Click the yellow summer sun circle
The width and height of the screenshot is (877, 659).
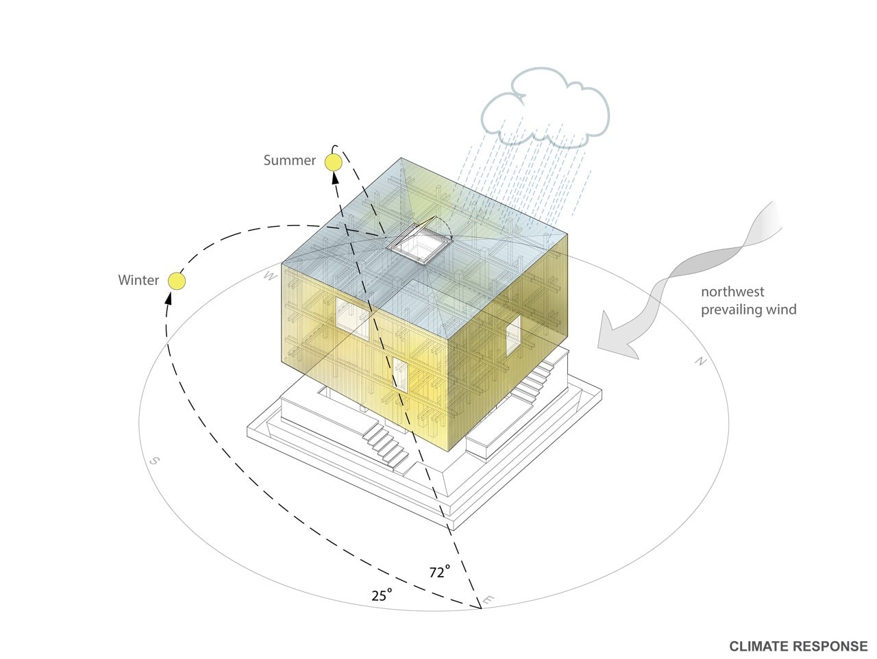coord(333,162)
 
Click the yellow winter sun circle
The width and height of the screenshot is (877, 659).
coord(177,282)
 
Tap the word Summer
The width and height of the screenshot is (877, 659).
coord(289,160)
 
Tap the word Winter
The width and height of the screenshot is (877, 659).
coord(138,280)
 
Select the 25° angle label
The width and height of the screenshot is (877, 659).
coord(382,595)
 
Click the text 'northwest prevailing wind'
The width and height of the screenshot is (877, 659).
coord(748,301)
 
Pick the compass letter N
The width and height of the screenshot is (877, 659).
coord(700,362)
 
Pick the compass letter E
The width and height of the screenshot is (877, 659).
coord(487,601)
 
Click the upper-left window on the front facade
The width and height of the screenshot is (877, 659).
coord(352,319)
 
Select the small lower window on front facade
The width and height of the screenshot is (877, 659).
coord(400,374)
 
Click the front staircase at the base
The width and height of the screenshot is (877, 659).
coord(386,446)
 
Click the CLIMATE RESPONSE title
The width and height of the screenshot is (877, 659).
coord(798,646)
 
